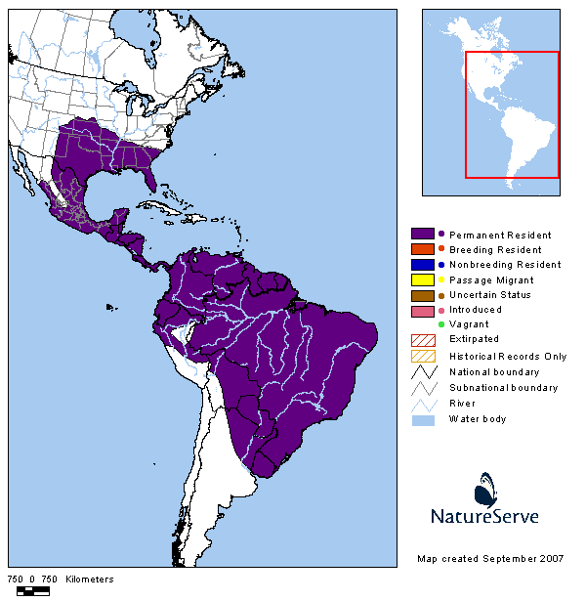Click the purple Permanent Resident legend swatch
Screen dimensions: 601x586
(423, 235)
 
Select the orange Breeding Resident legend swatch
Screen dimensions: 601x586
(423, 249)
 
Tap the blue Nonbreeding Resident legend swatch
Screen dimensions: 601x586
(423, 264)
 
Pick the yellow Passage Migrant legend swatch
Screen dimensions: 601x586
(423, 279)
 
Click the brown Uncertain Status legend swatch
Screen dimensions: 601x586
(423, 294)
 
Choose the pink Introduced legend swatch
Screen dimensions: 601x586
(423, 310)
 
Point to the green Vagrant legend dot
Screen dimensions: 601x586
(441, 324)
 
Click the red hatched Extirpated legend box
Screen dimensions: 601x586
(423, 339)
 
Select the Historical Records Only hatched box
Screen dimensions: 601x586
(423, 356)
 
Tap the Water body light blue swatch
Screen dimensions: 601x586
(423, 419)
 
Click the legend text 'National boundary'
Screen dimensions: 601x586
(493, 372)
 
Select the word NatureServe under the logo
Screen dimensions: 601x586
(484, 516)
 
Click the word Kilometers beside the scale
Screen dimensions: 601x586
(90, 580)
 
